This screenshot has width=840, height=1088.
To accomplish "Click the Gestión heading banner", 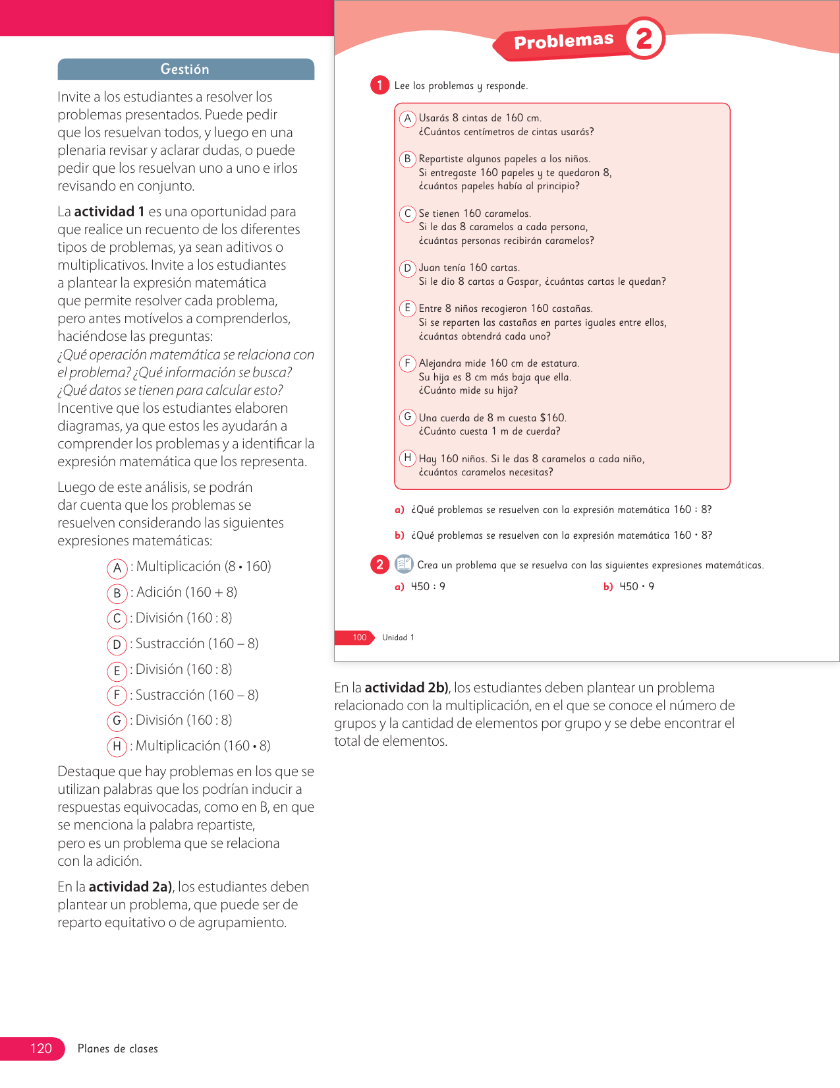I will coord(185,69).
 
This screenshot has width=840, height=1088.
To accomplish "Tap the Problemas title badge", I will coord(563,42).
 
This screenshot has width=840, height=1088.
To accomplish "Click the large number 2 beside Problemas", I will coord(644,38).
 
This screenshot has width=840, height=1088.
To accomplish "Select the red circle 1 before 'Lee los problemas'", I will coord(379,85).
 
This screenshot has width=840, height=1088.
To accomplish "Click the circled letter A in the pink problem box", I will coord(408,118).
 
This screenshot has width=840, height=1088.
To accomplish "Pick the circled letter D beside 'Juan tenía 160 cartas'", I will coord(408,268).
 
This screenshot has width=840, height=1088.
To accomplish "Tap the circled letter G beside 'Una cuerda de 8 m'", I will coord(408,417).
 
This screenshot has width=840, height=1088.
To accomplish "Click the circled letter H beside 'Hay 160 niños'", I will coord(408,458).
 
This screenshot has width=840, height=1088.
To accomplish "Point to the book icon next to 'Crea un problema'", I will coord(404,564).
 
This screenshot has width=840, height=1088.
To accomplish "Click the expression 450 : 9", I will coord(428,586).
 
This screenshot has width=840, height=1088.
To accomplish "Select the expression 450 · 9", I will coord(636,586).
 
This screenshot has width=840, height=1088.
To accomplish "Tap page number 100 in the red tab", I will coord(359,638).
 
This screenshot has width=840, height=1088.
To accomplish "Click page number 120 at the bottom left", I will coord(41,1048).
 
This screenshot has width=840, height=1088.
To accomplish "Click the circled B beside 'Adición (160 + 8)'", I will coord(117,593).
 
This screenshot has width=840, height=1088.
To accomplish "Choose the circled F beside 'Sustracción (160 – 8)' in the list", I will coord(117,696).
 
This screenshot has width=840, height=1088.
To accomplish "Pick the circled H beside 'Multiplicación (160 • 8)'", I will coord(117,746).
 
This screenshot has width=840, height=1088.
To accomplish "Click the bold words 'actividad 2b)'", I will coord(406,688).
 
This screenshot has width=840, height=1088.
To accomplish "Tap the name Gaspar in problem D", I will coord(523,282).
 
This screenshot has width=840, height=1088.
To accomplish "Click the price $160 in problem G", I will coord(552,417).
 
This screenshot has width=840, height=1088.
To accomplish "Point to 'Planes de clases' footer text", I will coord(118,1048).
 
